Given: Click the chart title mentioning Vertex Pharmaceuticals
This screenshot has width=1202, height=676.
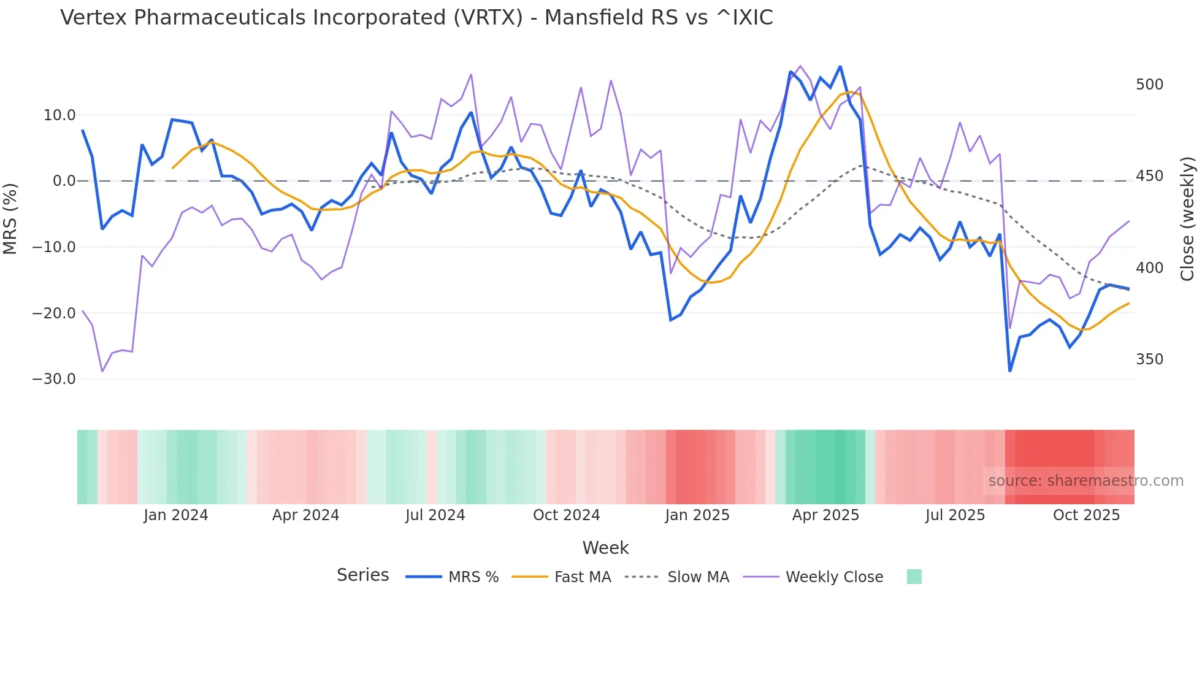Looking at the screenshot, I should click(416, 18).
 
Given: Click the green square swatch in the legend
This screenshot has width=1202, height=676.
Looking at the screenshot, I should click(914, 577).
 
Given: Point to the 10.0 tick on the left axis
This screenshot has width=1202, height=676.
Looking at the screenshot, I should click(59, 115).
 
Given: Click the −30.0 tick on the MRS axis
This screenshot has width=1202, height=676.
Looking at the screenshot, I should click(54, 379).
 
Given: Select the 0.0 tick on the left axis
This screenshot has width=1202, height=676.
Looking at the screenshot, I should click(64, 181).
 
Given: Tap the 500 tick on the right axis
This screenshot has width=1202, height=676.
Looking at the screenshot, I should click(1149, 85).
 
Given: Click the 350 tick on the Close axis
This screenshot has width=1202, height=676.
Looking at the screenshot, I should click(1149, 359).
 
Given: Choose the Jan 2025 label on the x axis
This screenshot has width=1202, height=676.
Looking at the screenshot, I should click(697, 515).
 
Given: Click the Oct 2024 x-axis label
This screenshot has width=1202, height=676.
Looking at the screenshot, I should click(566, 515).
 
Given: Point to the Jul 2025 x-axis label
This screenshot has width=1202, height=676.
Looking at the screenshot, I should click(955, 515).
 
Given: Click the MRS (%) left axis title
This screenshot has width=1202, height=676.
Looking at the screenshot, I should click(10, 218).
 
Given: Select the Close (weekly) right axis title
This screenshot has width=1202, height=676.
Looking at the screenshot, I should click(1187, 218).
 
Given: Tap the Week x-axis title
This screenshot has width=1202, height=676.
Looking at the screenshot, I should click(605, 548).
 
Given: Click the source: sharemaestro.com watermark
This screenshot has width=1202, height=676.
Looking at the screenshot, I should click(1085, 481).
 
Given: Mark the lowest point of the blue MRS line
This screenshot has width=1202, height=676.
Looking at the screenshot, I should click(1010, 371).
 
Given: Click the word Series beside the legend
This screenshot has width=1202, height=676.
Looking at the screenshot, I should click(362, 575).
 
